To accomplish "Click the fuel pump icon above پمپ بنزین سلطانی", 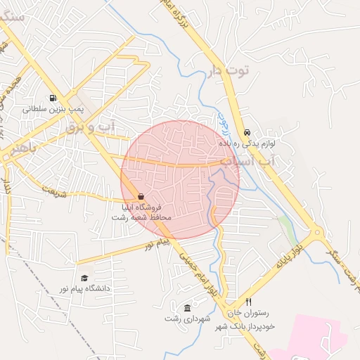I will [x=52, y=98].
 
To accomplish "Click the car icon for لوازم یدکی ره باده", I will [x=247, y=132].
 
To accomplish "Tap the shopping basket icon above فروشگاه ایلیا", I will [x=141, y=196].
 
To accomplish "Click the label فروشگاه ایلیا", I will [x=142, y=207].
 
